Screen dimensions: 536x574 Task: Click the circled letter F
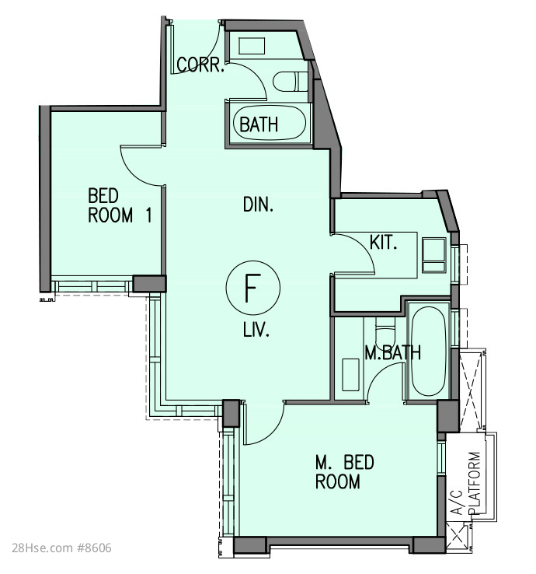pos(253,288)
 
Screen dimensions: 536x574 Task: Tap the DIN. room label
pos(258,205)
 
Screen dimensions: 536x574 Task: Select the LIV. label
pos(256,331)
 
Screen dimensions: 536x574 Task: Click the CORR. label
pos(200,65)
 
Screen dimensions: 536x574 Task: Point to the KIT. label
pos(383,243)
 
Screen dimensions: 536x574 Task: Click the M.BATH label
pos(393,352)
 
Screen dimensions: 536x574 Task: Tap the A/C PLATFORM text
pos(468,483)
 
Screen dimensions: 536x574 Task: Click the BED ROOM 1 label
pos(120,205)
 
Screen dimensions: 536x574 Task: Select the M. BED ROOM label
pos(344,472)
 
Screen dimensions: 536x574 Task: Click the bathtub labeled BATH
pos(269,123)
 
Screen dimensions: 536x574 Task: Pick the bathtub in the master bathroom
pos(428,351)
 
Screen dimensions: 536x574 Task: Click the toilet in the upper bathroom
pos(291,81)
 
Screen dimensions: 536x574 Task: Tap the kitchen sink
pos(434,255)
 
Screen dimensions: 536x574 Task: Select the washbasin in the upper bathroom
pos(252,46)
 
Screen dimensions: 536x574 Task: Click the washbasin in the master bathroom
pos(350,374)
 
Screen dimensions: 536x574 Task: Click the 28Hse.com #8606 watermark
pos(61,548)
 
